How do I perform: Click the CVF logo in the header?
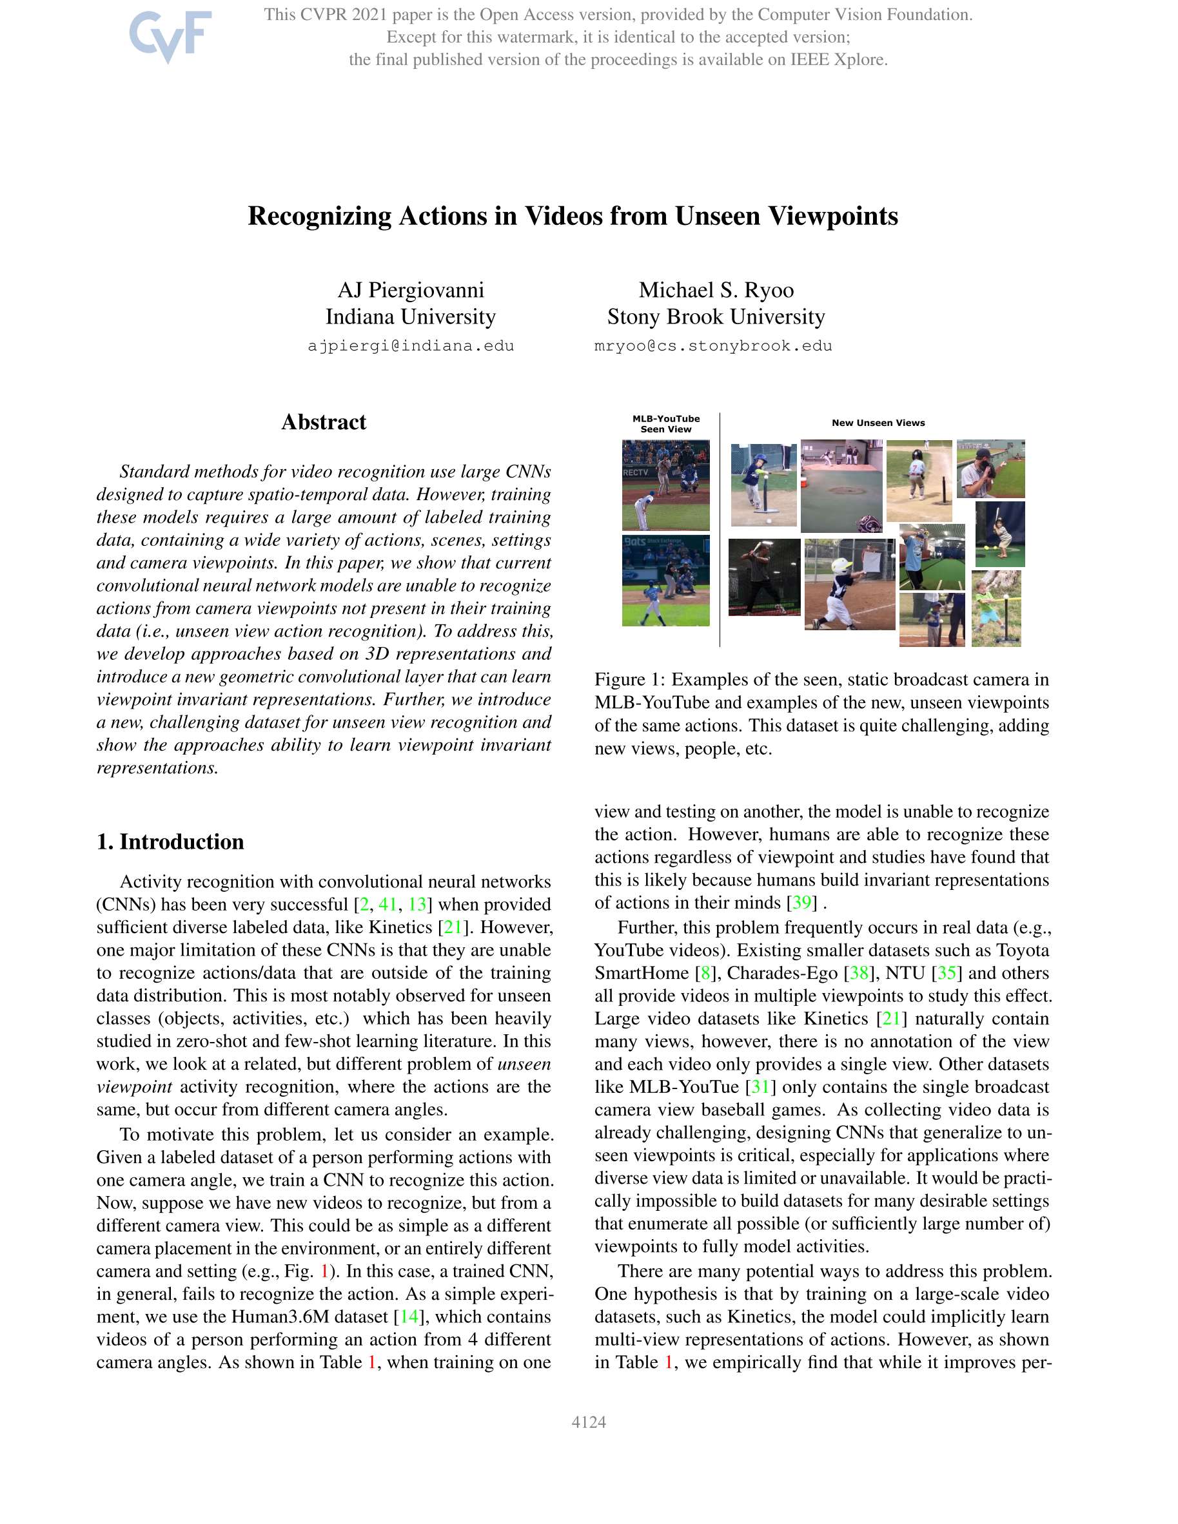170,36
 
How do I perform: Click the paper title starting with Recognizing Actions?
573,216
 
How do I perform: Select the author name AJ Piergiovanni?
411,289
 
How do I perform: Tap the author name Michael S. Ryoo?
716,289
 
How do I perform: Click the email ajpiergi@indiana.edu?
411,346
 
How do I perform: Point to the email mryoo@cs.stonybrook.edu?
713,346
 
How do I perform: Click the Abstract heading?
323,422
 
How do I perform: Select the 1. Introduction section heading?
170,842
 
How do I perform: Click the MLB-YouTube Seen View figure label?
665,423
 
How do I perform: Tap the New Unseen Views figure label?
878,423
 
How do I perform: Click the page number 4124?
589,1422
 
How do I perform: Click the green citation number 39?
801,902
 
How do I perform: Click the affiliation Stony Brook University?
716,317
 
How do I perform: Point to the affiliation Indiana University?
411,317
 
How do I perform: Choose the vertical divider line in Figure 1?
720,530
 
